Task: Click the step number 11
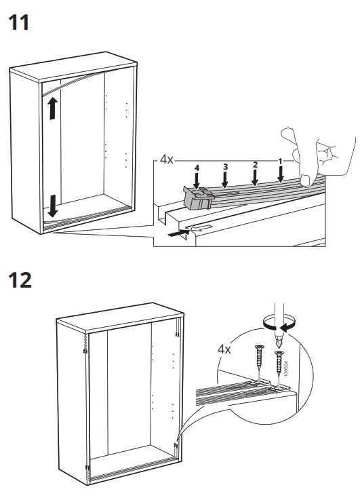tap(19, 22)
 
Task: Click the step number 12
tap(20, 280)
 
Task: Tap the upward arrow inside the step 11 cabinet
tap(53, 109)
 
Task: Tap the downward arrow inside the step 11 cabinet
tap(53, 206)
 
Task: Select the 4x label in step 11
tap(166, 159)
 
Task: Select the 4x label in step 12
tap(224, 349)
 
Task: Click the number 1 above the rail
tap(281, 161)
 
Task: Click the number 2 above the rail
tap(255, 165)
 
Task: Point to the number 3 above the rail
tap(226, 167)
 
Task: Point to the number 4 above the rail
tap(197, 168)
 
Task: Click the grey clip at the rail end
tap(198, 198)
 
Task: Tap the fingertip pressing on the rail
tap(306, 180)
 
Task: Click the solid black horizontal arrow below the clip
tap(178, 233)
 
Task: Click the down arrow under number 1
tap(281, 174)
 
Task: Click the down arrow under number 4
tap(197, 181)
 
